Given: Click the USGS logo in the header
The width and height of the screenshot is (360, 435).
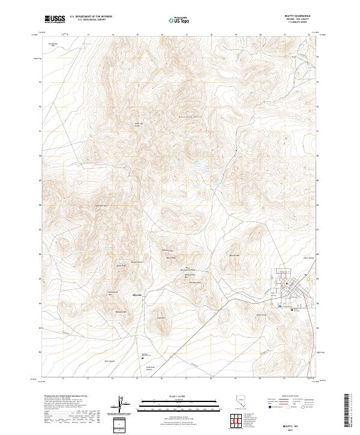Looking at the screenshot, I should click(55, 19).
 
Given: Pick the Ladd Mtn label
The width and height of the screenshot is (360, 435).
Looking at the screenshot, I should click(161, 318).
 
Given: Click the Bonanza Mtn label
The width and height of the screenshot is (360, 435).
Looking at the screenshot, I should click(121, 312).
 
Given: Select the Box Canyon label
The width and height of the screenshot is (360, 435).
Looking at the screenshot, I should click(109, 361).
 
